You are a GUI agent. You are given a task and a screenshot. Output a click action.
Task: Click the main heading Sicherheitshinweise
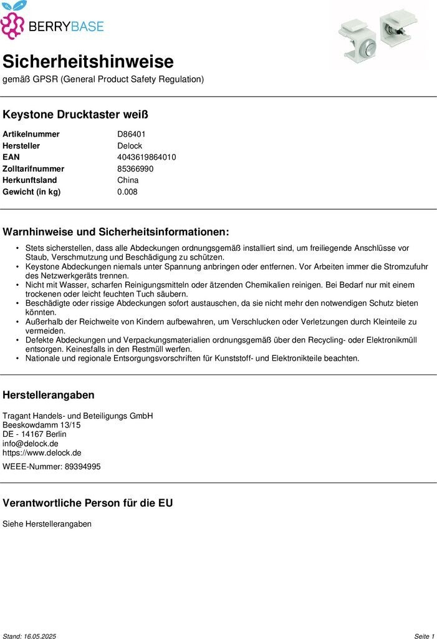(88, 62)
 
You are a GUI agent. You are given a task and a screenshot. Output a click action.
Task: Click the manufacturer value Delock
(130, 145)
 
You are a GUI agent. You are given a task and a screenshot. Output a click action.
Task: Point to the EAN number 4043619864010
(146, 157)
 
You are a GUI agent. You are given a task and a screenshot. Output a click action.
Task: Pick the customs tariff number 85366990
(135, 168)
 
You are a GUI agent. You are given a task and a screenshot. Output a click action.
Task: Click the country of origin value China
(128, 180)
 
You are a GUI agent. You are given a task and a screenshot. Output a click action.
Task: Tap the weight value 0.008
(127, 192)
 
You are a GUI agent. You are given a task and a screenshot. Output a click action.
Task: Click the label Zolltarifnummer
(33, 168)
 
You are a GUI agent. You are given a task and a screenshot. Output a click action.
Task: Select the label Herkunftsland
(29, 180)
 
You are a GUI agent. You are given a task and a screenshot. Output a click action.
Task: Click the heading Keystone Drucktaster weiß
(75, 115)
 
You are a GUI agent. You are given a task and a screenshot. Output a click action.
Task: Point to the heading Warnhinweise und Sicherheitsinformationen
(116, 232)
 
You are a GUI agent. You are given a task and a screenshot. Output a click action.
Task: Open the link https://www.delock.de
(42, 453)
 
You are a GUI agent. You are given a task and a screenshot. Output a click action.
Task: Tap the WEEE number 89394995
(82, 466)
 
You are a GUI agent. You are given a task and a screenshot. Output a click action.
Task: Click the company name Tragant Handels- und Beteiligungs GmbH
(78, 416)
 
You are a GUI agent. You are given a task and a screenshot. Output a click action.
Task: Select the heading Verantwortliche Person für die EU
(88, 503)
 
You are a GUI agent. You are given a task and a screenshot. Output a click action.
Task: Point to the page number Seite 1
(424, 636)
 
